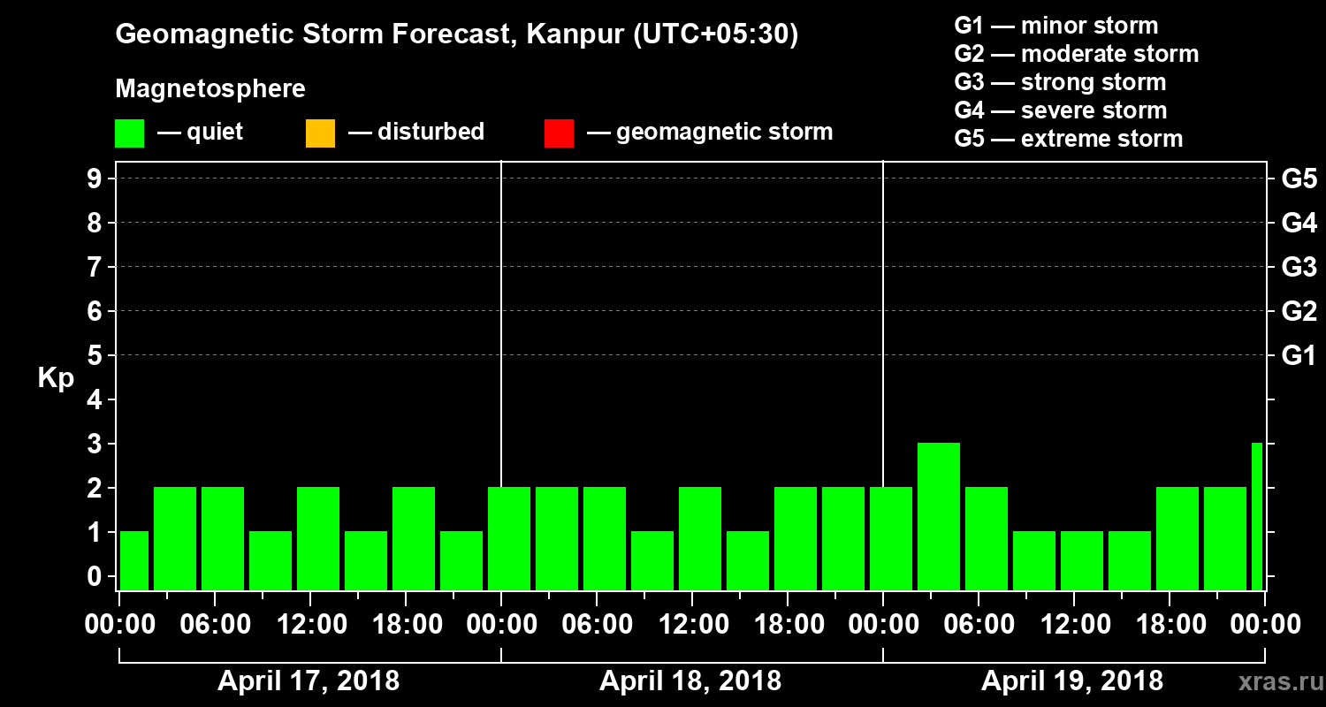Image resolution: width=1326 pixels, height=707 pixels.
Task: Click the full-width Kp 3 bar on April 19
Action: (939, 516)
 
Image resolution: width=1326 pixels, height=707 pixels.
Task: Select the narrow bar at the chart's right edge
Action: (1257, 516)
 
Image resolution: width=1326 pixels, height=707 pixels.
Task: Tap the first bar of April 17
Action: (134, 560)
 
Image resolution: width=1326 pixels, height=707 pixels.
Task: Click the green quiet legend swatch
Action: (129, 133)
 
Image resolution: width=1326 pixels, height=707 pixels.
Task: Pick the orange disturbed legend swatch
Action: (320, 133)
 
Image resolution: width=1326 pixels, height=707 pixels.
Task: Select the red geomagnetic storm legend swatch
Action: (559, 133)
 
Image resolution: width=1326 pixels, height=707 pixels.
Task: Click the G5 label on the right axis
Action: (1299, 179)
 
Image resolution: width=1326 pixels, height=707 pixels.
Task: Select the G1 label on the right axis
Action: (1299, 356)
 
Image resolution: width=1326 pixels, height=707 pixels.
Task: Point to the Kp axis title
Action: (56, 378)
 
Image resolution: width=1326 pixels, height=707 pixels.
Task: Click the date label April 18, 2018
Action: (690, 681)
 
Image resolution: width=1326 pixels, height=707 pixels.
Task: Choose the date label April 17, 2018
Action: (309, 681)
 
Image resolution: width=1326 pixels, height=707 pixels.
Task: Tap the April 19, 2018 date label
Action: (1072, 681)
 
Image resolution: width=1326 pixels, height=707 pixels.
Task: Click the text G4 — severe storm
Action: (1061, 110)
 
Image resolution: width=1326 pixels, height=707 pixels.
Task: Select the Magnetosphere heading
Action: (210, 89)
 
